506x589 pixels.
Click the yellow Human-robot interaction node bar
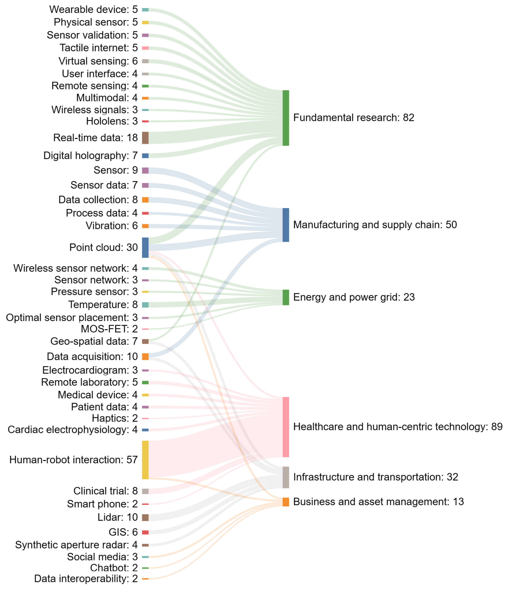coord(145,460)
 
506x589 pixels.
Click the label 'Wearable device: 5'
coord(93,9)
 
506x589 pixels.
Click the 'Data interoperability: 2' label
coord(86,578)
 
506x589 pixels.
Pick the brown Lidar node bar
coord(145,517)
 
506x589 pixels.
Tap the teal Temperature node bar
coord(145,305)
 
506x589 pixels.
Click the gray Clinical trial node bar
coord(145,491)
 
